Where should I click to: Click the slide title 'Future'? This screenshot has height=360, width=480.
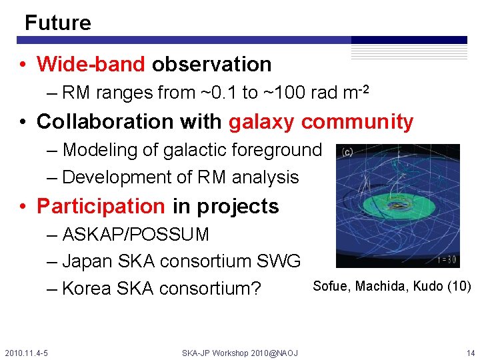pos(57,23)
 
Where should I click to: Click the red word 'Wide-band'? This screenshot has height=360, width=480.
pos(91,65)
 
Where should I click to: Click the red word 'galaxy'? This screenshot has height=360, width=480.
pos(262,122)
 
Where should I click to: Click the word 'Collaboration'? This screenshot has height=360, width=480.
pos(98,122)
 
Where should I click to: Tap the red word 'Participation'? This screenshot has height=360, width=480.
pos(101,206)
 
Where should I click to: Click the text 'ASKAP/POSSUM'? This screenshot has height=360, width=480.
pos(136,235)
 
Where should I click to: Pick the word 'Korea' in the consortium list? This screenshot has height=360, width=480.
pos(87,289)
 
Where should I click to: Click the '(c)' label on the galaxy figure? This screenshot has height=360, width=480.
pos(347,153)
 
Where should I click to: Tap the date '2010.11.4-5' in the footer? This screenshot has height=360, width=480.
pos(25,353)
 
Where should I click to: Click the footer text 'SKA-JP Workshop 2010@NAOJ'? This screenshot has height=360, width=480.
pos(240,353)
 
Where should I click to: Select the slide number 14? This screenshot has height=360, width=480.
pos(471,353)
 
